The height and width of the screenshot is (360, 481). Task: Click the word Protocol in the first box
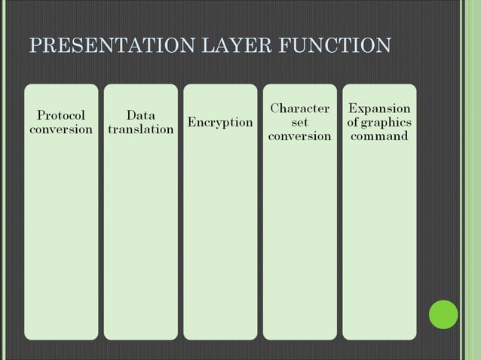[x=61, y=115]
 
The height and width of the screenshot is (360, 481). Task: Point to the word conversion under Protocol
[x=61, y=129]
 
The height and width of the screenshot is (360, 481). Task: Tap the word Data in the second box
[x=141, y=115]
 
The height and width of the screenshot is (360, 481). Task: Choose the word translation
[x=141, y=129]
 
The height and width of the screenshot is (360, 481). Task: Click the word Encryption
[x=220, y=122]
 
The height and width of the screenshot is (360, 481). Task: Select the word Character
[x=299, y=108]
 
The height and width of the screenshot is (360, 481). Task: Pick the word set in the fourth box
[x=299, y=122]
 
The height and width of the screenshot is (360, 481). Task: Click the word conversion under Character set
[x=299, y=136]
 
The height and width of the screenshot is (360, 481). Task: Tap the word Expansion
[x=379, y=108]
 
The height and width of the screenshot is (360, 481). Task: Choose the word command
[x=379, y=136]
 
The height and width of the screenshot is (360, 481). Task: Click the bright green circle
[x=443, y=314]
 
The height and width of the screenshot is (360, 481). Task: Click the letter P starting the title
[x=34, y=47]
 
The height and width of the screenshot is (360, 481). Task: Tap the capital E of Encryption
[x=191, y=122]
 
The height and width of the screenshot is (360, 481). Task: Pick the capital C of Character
[x=274, y=108]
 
